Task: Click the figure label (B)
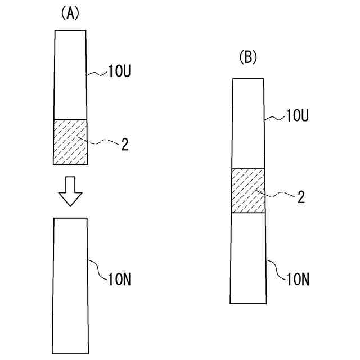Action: [x=247, y=57]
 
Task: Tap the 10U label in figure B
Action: [x=298, y=116]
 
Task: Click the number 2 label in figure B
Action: [x=301, y=197]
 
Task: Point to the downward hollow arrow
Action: [x=70, y=191]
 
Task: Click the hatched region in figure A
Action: [x=70, y=142]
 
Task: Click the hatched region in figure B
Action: [x=248, y=191]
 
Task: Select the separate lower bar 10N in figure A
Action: [x=70, y=284]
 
